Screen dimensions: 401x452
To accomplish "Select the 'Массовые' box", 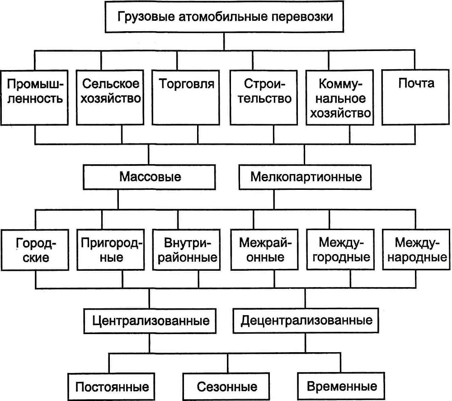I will coord(150,176).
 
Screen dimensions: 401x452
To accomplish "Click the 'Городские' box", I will coord(36,251).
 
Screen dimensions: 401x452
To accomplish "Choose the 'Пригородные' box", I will coord(111,251).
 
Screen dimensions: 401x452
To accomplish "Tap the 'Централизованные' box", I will coord(151,321).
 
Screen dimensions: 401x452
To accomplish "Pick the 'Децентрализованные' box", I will coord(307,321).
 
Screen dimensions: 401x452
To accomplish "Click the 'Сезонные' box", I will coord(227,387).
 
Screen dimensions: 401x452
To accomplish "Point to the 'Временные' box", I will coord(342,387).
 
